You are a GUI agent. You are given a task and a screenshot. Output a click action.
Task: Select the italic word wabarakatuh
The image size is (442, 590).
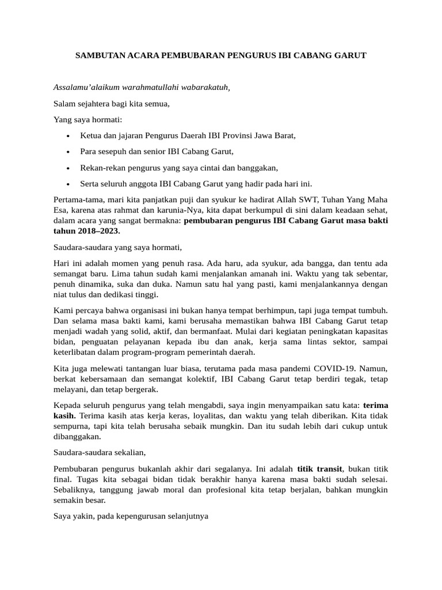[x=205, y=88]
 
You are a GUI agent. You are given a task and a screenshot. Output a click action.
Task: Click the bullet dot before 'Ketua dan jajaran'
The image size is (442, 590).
[x=68, y=137]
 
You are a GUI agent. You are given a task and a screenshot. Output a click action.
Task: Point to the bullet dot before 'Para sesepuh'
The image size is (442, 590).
[x=68, y=152]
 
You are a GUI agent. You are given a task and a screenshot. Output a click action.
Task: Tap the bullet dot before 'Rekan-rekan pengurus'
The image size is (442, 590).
[x=68, y=168]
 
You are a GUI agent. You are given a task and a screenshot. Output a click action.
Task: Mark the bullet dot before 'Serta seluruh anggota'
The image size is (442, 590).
[x=68, y=184]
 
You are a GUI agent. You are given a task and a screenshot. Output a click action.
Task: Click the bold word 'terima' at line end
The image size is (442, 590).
[x=376, y=404]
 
